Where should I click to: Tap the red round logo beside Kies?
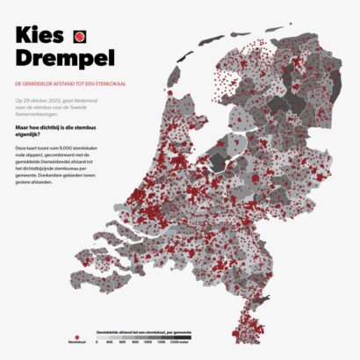tap(79, 38)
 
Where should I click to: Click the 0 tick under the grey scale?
tap(97, 342)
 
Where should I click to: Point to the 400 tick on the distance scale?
tap(110, 342)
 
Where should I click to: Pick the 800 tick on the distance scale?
tap(134, 342)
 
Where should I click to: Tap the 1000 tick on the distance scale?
tap(148, 342)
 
